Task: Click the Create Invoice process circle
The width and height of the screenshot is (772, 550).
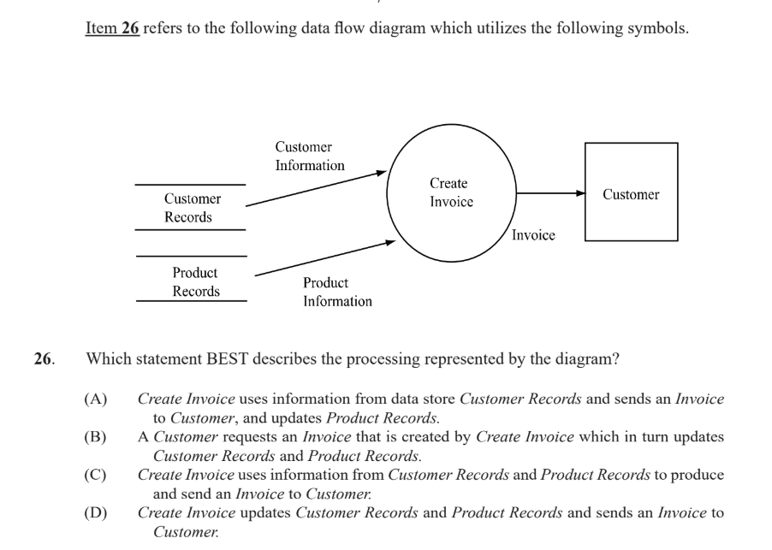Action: point(388,193)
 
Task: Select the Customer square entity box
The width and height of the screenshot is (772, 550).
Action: point(585,192)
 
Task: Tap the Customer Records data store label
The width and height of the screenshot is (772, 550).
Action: point(192,208)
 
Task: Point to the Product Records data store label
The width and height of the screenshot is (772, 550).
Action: point(195,282)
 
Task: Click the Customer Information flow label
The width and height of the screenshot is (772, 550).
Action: point(310,156)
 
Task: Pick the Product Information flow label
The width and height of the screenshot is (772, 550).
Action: point(337,292)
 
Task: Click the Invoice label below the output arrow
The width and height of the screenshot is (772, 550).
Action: point(533,235)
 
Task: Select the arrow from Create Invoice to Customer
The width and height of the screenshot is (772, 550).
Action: point(551,193)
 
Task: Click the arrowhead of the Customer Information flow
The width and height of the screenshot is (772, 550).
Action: point(382,173)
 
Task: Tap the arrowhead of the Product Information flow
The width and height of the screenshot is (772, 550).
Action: point(390,242)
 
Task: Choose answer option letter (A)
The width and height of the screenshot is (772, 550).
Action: point(96,399)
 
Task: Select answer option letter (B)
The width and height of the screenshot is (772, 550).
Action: point(95,437)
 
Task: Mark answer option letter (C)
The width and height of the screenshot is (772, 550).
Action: point(95,475)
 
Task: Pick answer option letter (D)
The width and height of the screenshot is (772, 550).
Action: point(96,513)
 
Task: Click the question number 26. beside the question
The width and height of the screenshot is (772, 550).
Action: point(45,358)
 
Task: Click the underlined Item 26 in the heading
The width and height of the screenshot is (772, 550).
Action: point(112,28)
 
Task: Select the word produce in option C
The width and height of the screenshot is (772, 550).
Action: point(698,476)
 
